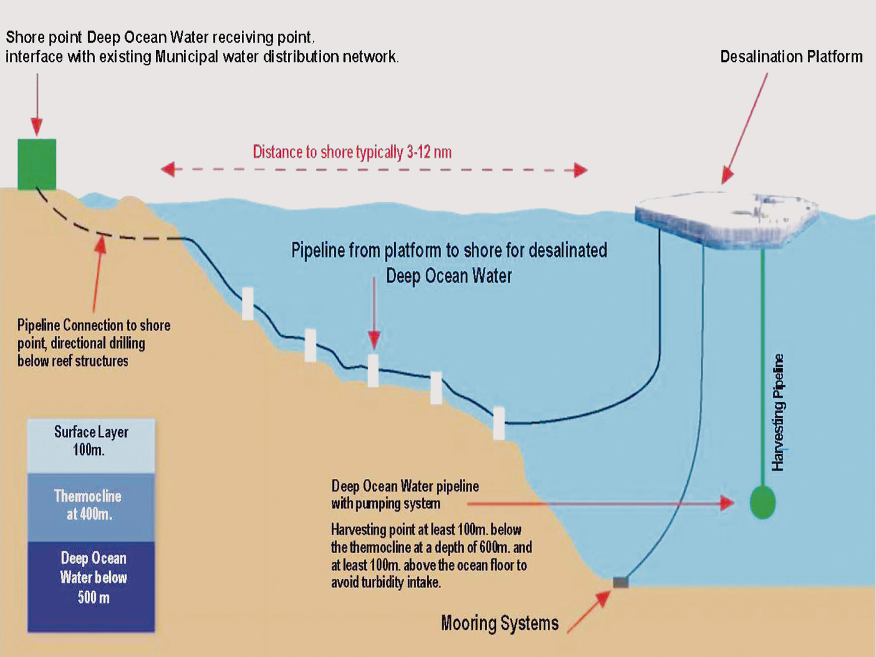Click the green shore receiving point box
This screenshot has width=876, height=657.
(37, 164)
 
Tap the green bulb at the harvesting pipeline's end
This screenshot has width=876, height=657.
(763, 502)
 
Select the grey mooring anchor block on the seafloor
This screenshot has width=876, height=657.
(621, 582)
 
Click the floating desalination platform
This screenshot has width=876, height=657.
(726, 220)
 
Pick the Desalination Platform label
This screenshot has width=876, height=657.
(791, 57)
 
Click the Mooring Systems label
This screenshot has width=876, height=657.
(500, 623)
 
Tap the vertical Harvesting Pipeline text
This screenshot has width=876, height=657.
(778, 412)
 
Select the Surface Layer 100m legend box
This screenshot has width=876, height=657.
(91, 446)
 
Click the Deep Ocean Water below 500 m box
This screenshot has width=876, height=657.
(91, 586)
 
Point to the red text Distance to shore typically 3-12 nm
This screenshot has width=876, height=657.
(352, 152)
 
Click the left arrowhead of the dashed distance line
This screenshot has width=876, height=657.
(168, 169)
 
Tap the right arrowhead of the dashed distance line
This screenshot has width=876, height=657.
(580, 171)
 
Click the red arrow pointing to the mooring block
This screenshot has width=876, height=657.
(589, 611)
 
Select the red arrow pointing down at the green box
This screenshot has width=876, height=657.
(37, 105)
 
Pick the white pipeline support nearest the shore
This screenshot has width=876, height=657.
(248, 304)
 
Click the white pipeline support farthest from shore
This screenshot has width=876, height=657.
(499, 423)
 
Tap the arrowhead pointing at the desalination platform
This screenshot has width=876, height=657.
(727, 176)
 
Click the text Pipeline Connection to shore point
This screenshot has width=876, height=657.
(94, 334)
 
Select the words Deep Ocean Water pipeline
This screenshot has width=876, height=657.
(405, 486)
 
